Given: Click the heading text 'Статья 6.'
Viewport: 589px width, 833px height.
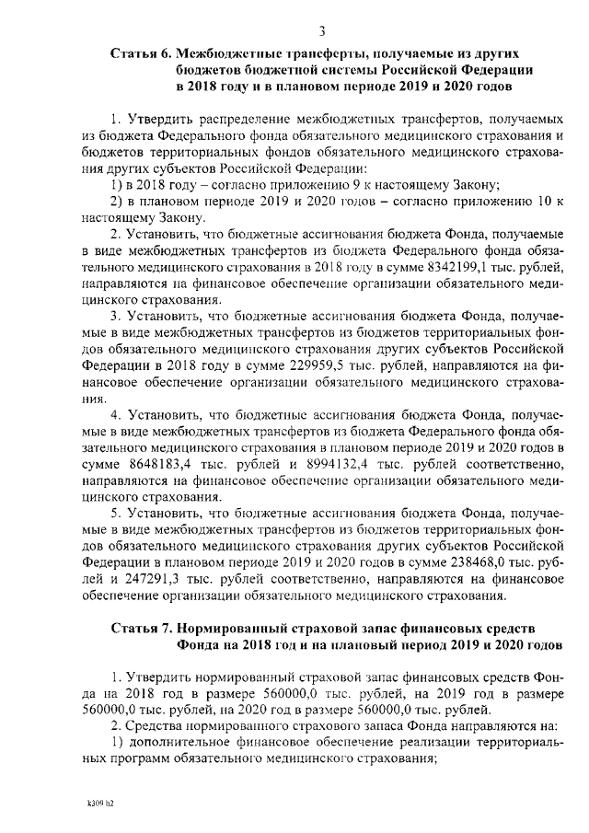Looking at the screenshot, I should (x=140, y=54).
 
